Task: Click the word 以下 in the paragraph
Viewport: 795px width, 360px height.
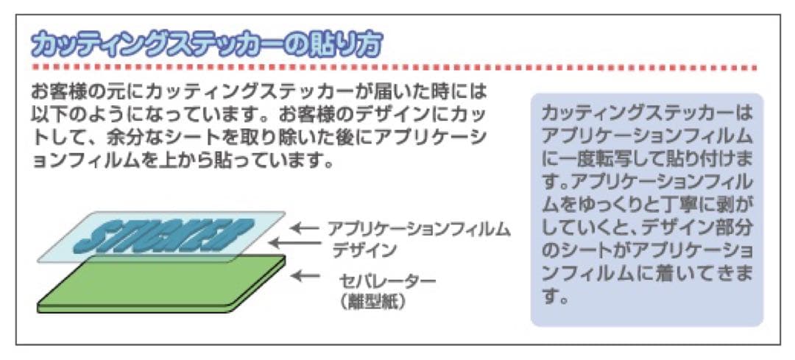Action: pos(49,116)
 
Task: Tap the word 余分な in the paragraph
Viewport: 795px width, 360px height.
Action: pos(123,138)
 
